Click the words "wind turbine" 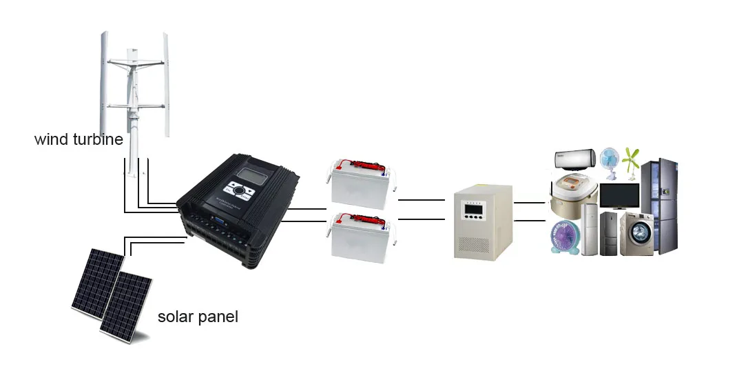[x=79, y=139]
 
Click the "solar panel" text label [x=198, y=317]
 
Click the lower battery [x=360, y=238]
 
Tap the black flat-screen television [x=619, y=196]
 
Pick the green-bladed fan [x=631, y=161]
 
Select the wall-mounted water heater [x=575, y=160]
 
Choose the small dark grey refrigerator [x=608, y=233]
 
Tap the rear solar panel [x=96, y=279]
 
